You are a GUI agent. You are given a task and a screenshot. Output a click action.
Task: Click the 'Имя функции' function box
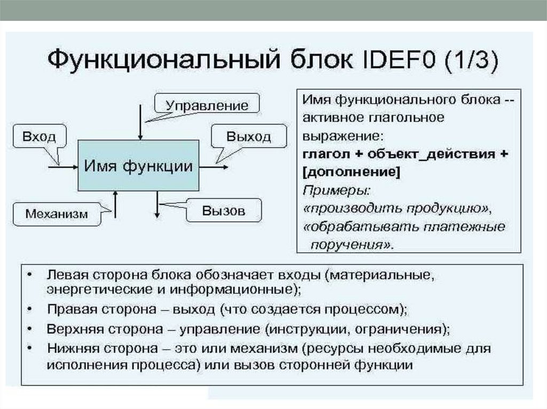coord(138,166)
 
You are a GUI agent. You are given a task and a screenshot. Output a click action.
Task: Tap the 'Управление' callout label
coord(207,105)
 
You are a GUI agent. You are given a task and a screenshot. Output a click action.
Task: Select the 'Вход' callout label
coord(39,136)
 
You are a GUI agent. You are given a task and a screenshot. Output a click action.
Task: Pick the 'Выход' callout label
coord(248,137)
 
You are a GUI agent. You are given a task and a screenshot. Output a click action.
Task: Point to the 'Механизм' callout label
coord(56,214)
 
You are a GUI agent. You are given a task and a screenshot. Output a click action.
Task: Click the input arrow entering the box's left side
coord(63,167)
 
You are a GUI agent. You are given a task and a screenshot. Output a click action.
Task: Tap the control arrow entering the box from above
coord(140,122)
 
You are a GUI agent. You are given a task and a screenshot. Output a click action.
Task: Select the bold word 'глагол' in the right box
coord(326,154)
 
